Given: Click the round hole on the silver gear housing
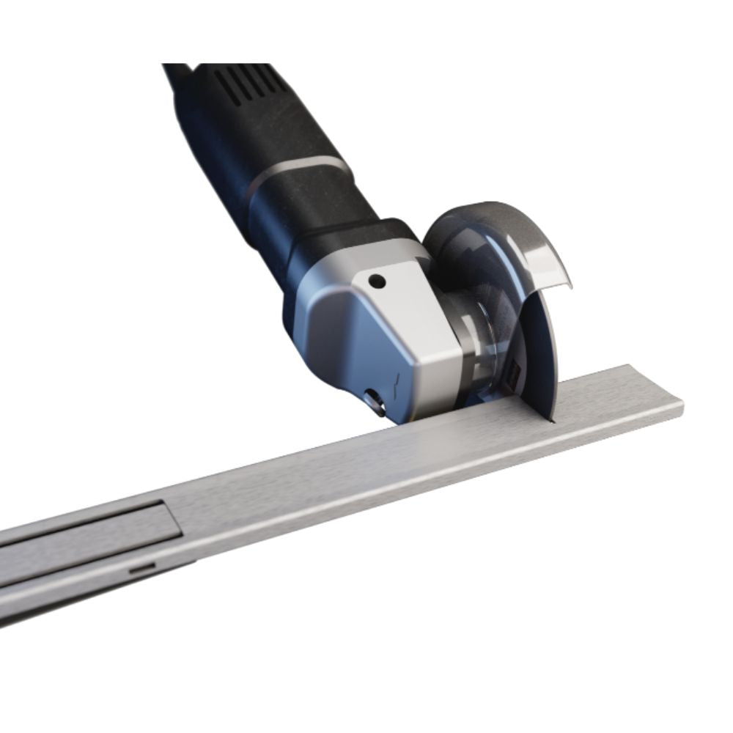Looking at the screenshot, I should point(377,281).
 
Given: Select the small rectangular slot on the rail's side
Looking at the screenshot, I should point(142,568).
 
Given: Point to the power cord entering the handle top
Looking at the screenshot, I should point(176,73).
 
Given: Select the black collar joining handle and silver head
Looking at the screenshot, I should point(330,235).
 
